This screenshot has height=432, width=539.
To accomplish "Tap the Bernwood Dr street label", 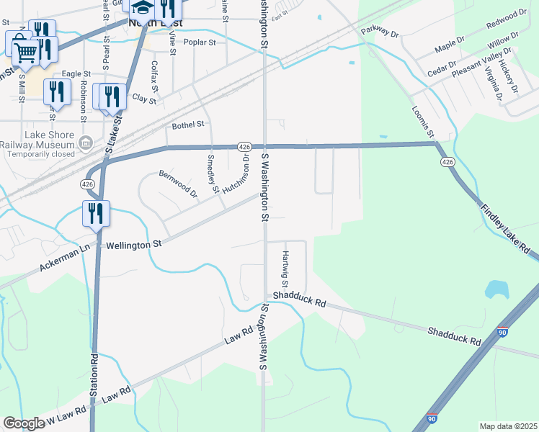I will [178, 184].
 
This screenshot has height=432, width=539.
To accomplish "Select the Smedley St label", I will [212, 174].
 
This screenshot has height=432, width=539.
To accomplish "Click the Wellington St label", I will [133, 245].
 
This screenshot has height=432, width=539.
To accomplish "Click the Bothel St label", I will [188, 125].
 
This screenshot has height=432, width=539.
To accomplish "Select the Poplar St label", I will [200, 42].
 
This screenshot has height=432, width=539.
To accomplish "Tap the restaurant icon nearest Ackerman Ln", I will [96, 213].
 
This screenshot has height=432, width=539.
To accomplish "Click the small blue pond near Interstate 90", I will [497, 289].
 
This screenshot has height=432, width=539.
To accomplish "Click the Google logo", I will [24, 423].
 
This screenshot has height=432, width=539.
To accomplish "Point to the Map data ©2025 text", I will [508, 426].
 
